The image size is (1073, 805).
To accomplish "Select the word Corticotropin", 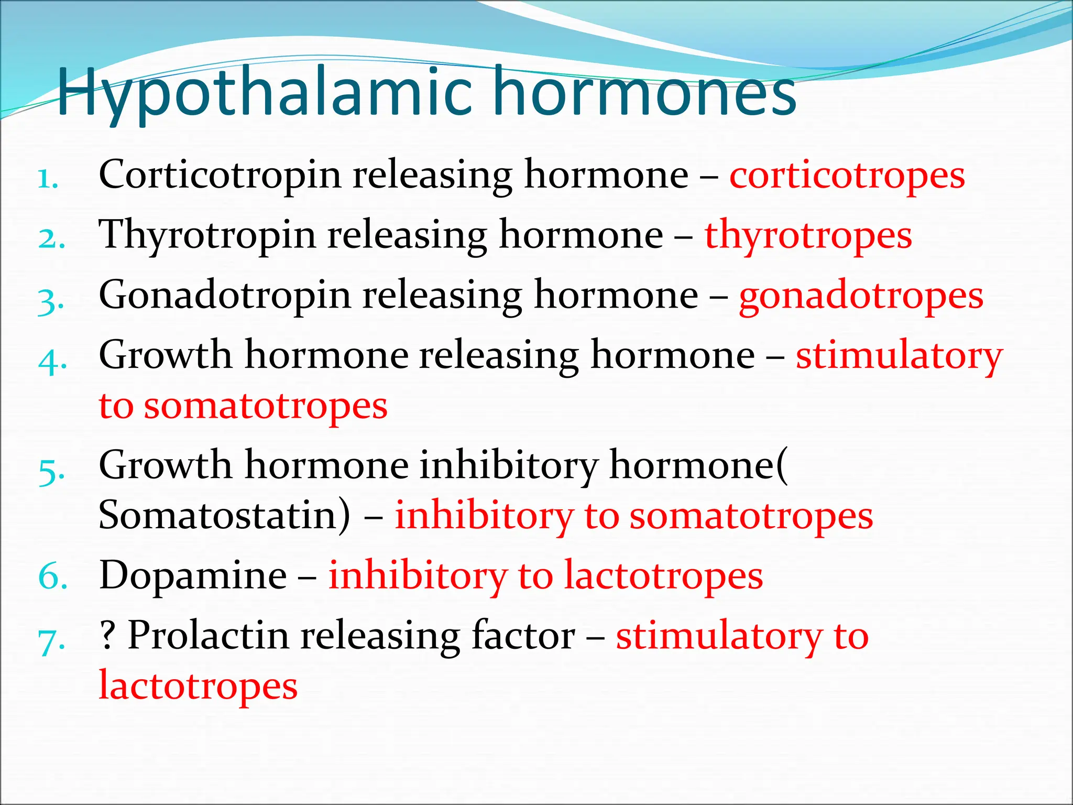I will pos(220,176).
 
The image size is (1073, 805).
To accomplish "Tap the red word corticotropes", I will pos(847,176).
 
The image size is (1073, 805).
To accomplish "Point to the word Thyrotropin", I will pos(207,236).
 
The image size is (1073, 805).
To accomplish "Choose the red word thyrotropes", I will pos(808,236).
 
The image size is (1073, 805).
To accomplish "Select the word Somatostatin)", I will pos(224,515).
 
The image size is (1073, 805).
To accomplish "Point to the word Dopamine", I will pos(193,575).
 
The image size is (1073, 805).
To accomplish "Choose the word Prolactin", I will pos(208,635).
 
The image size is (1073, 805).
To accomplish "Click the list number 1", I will pos(48,180).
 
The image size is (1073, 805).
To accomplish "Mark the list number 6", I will pos(53,576).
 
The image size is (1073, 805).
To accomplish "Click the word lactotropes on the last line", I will pos(198,686).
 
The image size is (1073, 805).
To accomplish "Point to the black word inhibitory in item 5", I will pos(509,465).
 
